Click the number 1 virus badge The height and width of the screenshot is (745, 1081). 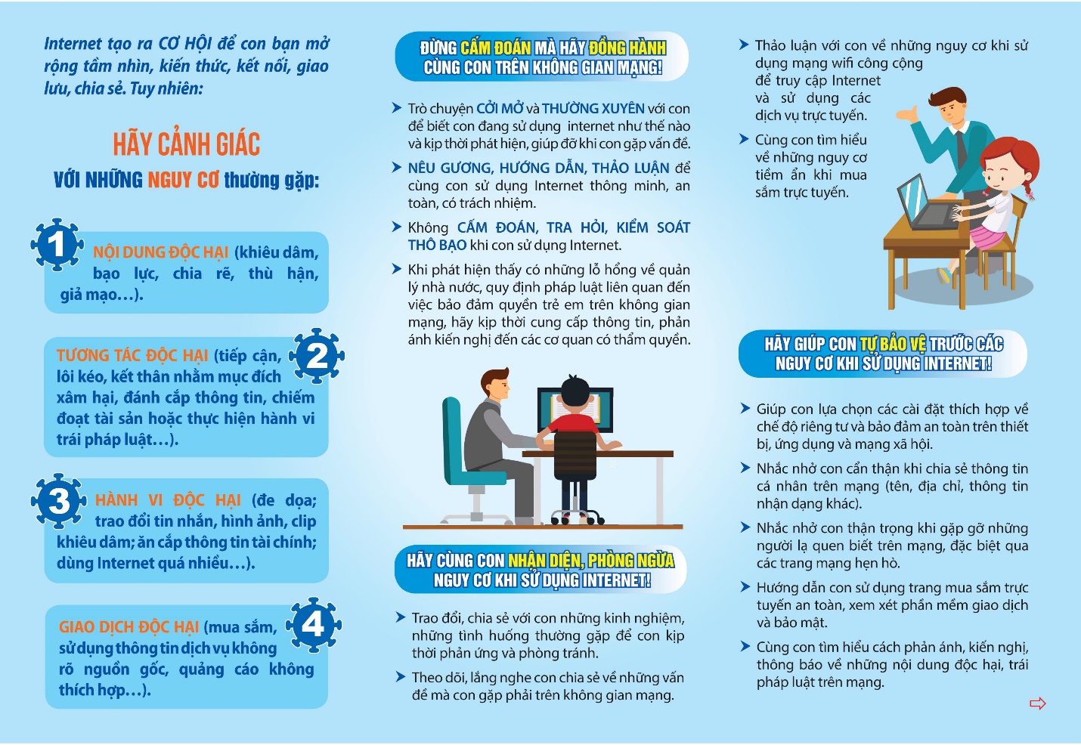(x=57, y=244)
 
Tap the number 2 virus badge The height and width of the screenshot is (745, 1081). (x=317, y=356)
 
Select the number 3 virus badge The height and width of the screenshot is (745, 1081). (x=58, y=500)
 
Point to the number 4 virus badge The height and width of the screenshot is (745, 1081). (x=313, y=625)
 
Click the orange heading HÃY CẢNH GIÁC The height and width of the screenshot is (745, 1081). (x=186, y=144)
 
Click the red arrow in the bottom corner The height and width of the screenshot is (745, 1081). (x=1038, y=703)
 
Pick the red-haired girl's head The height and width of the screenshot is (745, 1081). (x=1008, y=164)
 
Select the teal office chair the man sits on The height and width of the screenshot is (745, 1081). (x=470, y=463)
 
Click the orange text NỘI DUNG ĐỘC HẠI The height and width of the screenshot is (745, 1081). (x=161, y=252)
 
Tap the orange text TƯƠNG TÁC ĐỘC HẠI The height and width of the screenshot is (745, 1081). (x=132, y=355)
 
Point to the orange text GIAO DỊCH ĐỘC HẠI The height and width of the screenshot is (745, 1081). (x=129, y=627)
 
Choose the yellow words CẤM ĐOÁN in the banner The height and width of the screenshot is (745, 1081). (x=496, y=48)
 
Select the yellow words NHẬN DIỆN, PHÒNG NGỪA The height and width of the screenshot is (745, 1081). (x=591, y=561)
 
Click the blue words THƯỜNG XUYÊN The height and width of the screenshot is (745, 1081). (x=593, y=109)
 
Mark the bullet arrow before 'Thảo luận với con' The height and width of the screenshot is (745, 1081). (x=744, y=45)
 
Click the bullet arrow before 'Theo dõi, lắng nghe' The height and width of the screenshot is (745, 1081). (x=401, y=677)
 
